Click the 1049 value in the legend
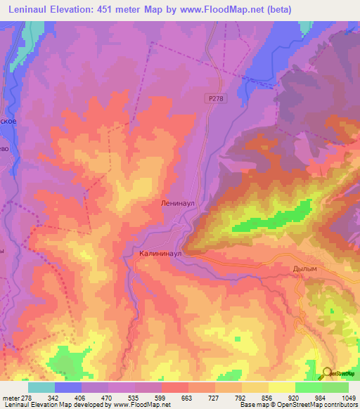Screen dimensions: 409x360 coord(349,397)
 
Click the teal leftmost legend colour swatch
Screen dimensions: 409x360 coord(41,387)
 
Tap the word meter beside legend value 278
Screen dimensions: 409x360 coord(10,397)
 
